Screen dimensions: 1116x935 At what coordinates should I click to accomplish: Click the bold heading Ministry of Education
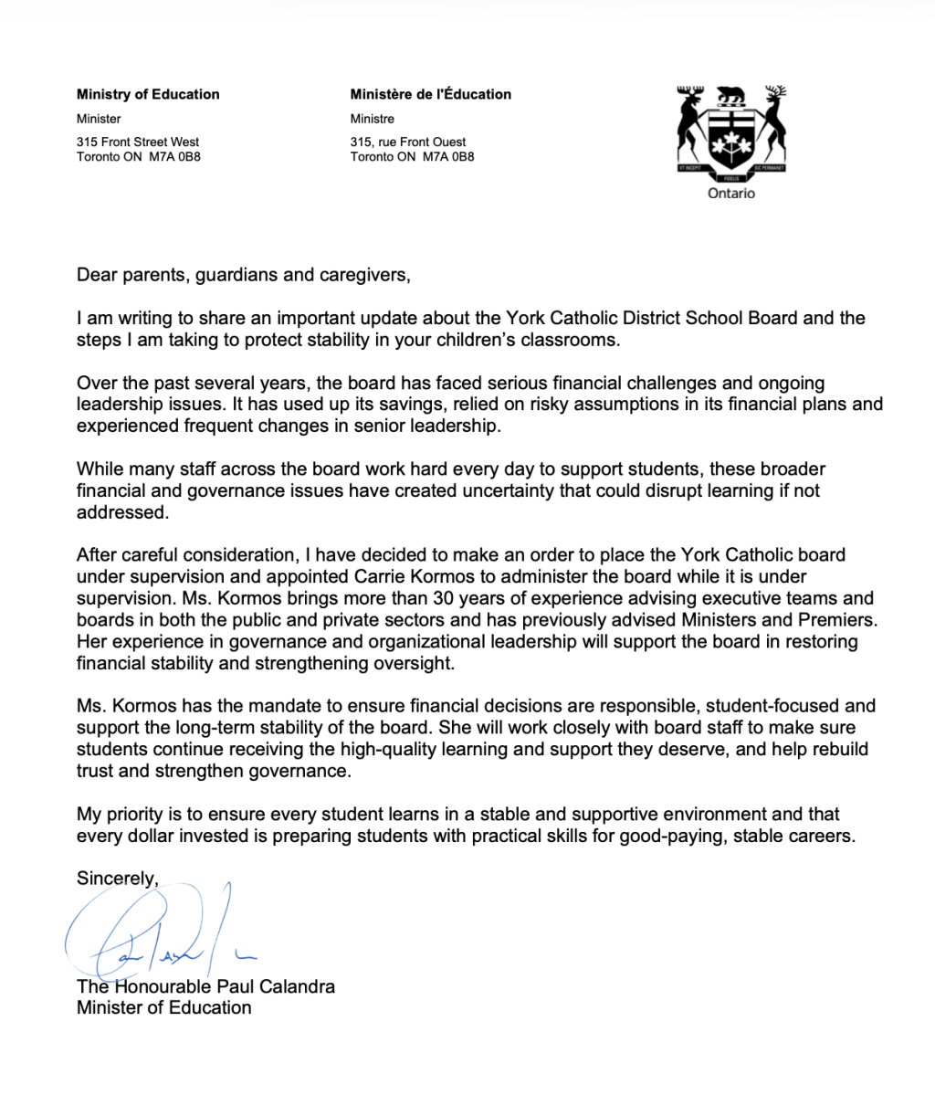tap(148, 94)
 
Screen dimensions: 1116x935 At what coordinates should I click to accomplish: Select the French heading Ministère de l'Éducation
tap(430, 94)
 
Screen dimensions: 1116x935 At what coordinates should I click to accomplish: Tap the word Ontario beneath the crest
tap(731, 194)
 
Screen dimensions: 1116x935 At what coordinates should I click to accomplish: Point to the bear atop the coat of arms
tap(731, 95)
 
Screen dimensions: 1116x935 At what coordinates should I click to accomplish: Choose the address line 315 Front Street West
tap(138, 142)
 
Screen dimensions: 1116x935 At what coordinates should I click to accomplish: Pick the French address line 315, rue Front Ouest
tap(407, 142)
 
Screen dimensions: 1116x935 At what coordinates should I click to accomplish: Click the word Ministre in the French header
tap(372, 119)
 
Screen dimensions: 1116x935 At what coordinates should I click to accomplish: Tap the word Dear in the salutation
tap(97, 275)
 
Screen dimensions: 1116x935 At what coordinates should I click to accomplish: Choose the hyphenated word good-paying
tap(667, 836)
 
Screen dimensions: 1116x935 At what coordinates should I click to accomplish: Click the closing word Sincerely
tap(117, 878)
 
